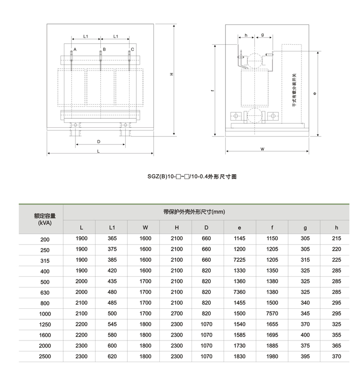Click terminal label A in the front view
pyautogui.click(x=75, y=50)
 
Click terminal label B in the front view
pyautogui.click(x=104, y=50)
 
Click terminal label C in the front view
pyautogui.click(x=132, y=50)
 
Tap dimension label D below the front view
pyautogui.click(x=98, y=141)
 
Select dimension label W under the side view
pyautogui.click(x=263, y=149)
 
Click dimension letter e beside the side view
pyautogui.click(x=313, y=94)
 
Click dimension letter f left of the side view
pyautogui.click(x=212, y=90)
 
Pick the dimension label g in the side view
pyautogui.click(x=263, y=35)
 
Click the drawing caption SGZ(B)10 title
pyautogui.click(x=192, y=177)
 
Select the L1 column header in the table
pyautogui.click(x=112, y=227)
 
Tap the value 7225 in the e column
pyautogui.click(x=240, y=260)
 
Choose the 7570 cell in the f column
pyautogui.click(x=272, y=314)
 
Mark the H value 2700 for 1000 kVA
pyautogui.click(x=177, y=314)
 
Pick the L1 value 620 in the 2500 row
pyautogui.click(x=112, y=356)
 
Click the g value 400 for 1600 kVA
pyautogui.click(x=305, y=335)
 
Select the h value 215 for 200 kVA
pyautogui.click(x=336, y=238)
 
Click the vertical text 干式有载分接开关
pyautogui.click(x=294, y=91)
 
